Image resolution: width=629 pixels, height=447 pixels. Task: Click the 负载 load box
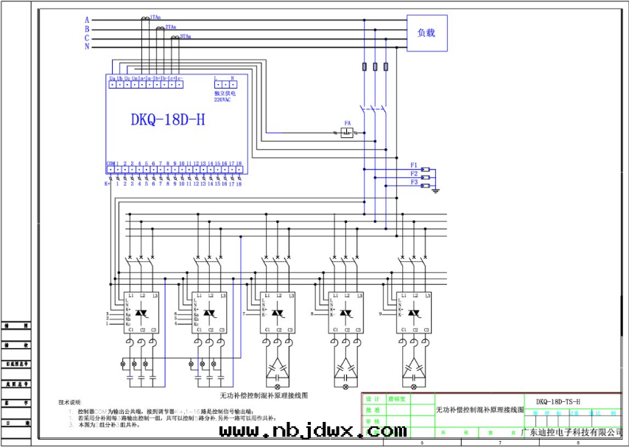point(427,33)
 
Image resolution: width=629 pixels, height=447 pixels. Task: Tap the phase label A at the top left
point(87,20)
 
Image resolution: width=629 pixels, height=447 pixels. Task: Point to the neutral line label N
point(87,46)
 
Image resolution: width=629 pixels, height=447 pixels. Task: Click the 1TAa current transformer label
point(156,16)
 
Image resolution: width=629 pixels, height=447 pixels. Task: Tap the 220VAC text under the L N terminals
point(225,98)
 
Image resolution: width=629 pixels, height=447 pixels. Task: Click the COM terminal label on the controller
point(110,163)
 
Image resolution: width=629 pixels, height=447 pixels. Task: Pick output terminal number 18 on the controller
point(238,163)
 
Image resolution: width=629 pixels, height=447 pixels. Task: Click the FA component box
point(348,133)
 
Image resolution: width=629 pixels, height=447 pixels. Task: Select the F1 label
point(414,164)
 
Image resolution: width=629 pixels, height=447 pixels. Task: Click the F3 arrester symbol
point(426,186)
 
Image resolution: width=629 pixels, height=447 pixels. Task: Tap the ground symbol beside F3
point(436,190)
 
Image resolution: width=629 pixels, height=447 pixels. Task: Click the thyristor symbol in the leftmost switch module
point(141,314)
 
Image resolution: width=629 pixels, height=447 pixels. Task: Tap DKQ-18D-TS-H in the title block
point(558,401)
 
